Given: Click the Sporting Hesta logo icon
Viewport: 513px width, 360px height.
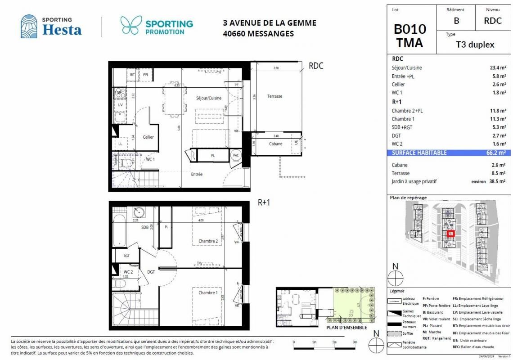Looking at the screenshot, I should coord(29,26).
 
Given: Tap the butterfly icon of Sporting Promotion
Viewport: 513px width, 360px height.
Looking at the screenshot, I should coord(131,26).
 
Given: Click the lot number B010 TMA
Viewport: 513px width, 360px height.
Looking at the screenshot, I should coord(409,36).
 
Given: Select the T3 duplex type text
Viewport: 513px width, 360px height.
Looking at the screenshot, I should coord(475,45).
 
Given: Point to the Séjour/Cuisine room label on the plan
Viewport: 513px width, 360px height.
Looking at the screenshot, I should coord(208,98).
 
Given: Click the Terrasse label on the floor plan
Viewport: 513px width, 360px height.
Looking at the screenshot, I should coord(274,96).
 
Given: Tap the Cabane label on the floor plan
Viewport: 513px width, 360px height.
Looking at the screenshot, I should coord(276,144).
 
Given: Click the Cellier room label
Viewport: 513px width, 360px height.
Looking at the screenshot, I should coord(148,137).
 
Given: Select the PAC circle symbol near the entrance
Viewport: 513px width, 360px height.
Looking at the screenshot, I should coord(236,155).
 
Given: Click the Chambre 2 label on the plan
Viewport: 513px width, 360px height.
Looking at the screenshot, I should coord(208,242).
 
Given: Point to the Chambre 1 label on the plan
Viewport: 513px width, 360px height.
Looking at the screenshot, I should coord(208,293).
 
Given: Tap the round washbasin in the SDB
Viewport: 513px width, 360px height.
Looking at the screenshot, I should coord(139,212).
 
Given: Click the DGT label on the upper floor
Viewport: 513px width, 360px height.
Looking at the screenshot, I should coord(151,272).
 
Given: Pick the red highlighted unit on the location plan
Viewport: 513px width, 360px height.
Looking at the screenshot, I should coord(451,233).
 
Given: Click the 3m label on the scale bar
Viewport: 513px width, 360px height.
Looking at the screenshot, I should coord(355,342).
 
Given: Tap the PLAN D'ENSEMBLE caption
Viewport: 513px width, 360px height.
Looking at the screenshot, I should coord(347,327).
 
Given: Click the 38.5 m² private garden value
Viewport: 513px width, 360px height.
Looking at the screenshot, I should coord(498,181).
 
